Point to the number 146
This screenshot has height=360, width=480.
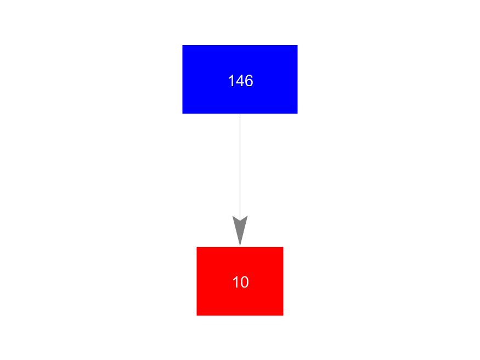tap(240, 81)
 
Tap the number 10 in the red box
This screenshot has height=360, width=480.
tap(240, 283)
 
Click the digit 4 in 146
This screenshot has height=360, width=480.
tap(240, 81)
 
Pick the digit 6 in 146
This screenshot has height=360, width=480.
tap(249, 81)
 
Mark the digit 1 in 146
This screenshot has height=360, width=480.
tap(231, 81)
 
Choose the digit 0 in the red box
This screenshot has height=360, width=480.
tap(244, 283)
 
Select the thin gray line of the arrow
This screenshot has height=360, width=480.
tap(240, 165)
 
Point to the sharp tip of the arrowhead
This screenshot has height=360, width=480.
tap(240, 245)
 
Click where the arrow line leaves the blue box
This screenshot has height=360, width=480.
tap(240, 114)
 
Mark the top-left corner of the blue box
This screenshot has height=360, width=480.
tap(183, 46)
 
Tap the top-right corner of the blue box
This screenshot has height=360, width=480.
tap(297, 46)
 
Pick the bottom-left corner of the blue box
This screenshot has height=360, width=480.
tap(183, 113)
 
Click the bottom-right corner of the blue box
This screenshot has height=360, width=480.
tap(297, 113)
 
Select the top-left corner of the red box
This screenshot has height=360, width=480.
tap(197, 248)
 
